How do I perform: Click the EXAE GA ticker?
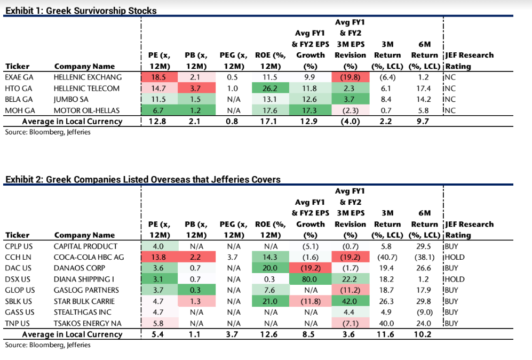[17, 77]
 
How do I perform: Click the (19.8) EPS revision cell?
[350, 77]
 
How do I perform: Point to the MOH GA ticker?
[18, 110]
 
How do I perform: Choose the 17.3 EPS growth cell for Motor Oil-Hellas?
[311, 110]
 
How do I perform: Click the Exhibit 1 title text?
[81, 11]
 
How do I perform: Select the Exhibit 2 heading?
[142, 180]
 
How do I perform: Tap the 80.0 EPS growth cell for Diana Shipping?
[311, 279]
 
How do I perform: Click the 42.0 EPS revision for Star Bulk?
[350, 301]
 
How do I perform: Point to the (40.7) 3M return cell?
[388, 257]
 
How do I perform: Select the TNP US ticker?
[17, 323]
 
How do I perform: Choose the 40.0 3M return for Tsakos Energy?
[388, 323]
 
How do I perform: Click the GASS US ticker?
[19, 312]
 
